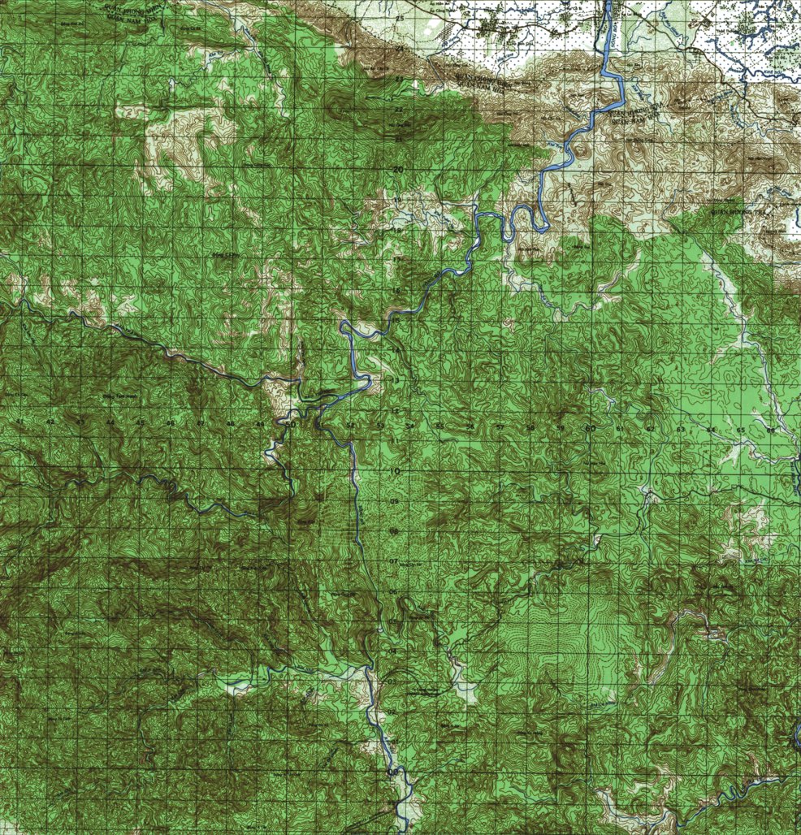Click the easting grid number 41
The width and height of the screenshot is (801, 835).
tap(19, 422)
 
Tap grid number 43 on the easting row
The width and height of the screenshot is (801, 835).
tap(80, 423)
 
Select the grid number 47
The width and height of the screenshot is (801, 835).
tap(200, 424)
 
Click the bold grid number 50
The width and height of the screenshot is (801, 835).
tap(290, 423)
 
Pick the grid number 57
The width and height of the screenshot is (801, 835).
tap(500, 426)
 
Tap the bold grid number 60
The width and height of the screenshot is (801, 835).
tap(590, 427)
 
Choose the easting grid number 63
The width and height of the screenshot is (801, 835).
tap(681, 428)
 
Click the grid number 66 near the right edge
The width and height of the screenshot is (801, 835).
tap(770, 429)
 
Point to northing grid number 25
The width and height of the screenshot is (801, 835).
tap(399, 17)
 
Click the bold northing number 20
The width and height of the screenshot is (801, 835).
tap(398, 169)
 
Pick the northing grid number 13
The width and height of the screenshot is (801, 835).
tap(396, 380)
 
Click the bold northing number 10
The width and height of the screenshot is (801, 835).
tap(396, 471)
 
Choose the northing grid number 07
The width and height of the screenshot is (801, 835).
tap(395, 561)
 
